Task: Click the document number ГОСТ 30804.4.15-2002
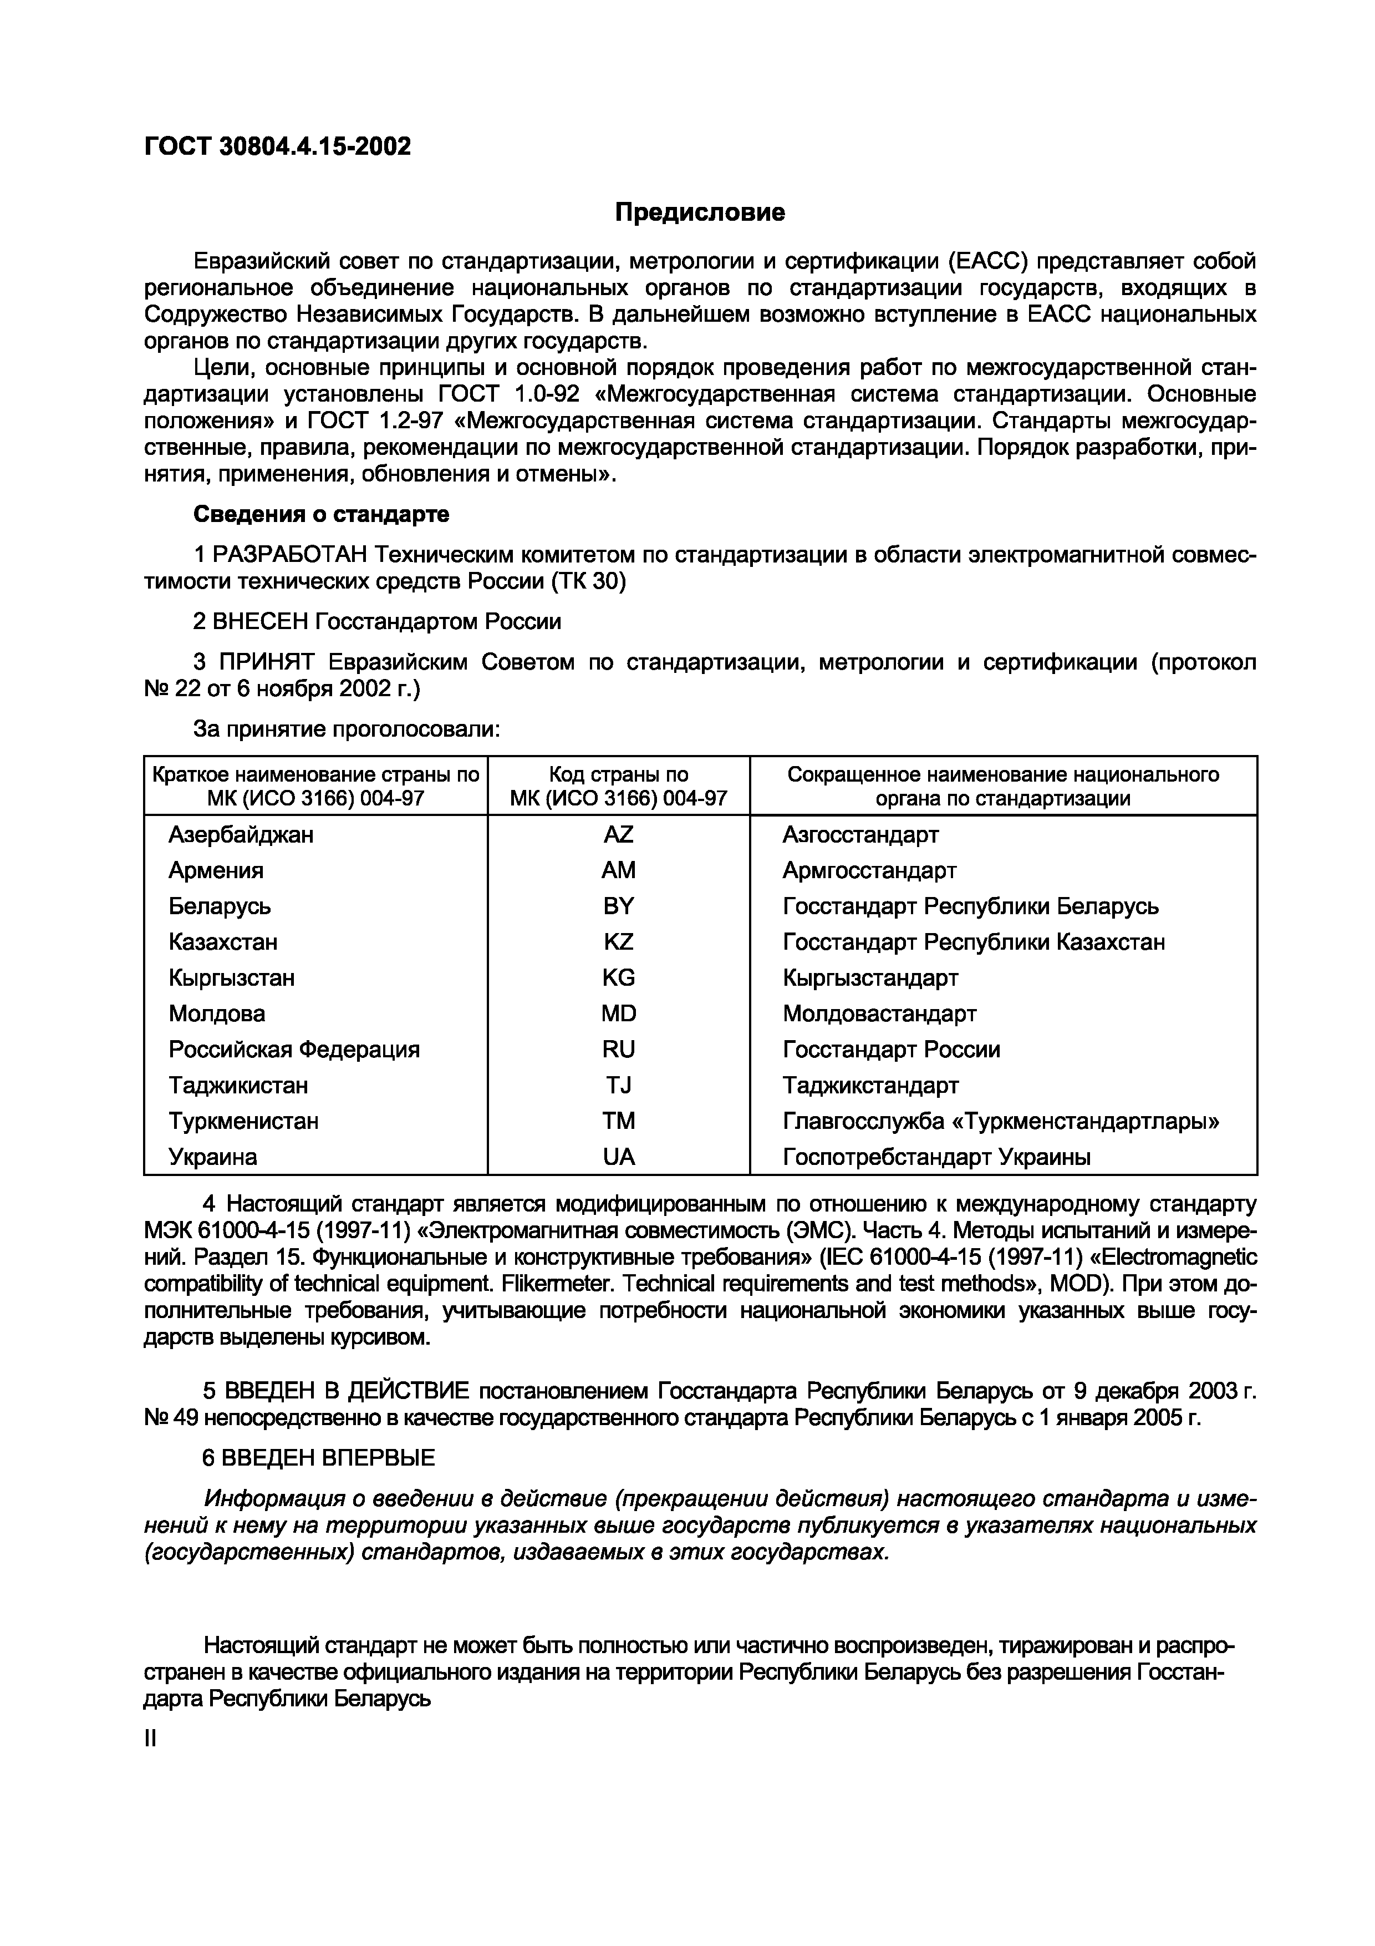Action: pos(277,146)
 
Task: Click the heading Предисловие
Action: pos(700,212)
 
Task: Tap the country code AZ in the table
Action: pos(618,835)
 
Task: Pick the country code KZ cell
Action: pos(618,941)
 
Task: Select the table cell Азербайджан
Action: pos(241,835)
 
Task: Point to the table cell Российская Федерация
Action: pos(294,1050)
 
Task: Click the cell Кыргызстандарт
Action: pos(870,978)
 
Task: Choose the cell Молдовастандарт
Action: pos(879,1013)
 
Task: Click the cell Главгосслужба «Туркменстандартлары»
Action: pos(1001,1121)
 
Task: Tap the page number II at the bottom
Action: pos(151,1739)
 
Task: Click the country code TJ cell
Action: pos(618,1086)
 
